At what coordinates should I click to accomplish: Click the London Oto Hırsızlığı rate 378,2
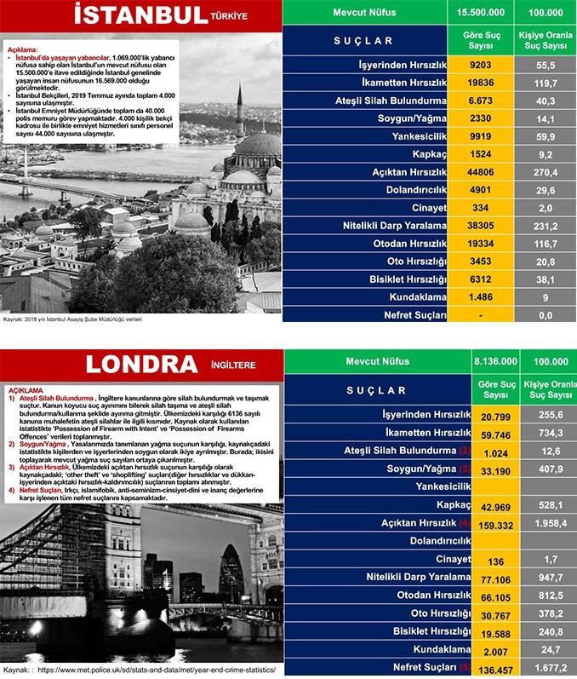pos(547,614)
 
